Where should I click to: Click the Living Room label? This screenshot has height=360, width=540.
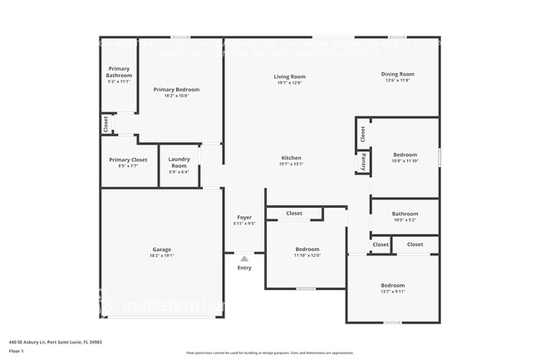[290, 77]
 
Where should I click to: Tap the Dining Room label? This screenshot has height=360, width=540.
[397, 75]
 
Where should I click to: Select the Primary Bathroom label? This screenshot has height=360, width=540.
[119, 72]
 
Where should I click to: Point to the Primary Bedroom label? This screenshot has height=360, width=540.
[176, 90]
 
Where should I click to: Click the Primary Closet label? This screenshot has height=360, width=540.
[128, 160]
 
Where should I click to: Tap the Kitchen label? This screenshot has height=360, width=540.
[291, 158]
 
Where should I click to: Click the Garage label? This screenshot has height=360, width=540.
[161, 249]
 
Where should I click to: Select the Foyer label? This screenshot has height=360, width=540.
[244, 218]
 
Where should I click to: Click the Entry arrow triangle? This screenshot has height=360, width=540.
[244, 259]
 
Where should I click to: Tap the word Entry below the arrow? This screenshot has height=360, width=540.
[244, 268]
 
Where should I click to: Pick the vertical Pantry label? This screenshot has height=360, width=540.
[363, 162]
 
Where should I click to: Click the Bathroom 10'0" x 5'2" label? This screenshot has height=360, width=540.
[405, 214]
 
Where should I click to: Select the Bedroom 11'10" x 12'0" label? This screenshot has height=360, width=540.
[307, 249]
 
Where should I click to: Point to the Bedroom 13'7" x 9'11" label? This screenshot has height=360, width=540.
[392, 285]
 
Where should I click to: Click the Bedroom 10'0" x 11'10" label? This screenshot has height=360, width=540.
[405, 155]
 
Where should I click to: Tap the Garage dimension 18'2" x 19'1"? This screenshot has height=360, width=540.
[161, 255]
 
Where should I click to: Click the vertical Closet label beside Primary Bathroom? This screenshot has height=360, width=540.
[106, 124]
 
